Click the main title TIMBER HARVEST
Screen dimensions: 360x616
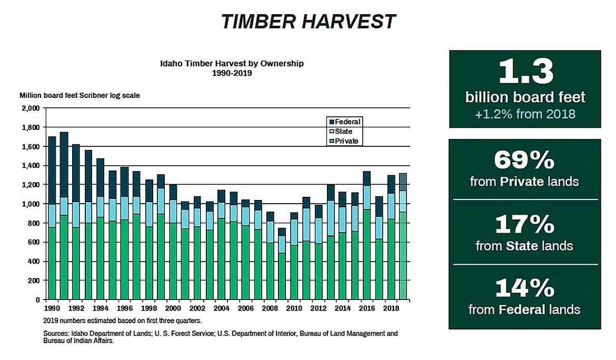click(x=307, y=21)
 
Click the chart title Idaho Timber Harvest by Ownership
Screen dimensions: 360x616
click(x=232, y=64)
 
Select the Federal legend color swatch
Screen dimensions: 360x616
click(x=331, y=122)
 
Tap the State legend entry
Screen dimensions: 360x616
click(x=343, y=132)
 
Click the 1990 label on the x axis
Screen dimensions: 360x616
click(x=52, y=307)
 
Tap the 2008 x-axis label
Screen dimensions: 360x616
click(x=270, y=307)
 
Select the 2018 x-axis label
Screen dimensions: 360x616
click(x=390, y=307)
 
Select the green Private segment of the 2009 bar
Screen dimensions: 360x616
click(x=282, y=276)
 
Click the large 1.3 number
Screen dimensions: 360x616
click(x=525, y=73)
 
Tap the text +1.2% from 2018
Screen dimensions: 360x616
click(x=525, y=114)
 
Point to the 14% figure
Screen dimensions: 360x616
click(x=524, y=288)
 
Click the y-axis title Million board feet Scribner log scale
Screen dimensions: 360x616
click(x=80, y=96)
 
